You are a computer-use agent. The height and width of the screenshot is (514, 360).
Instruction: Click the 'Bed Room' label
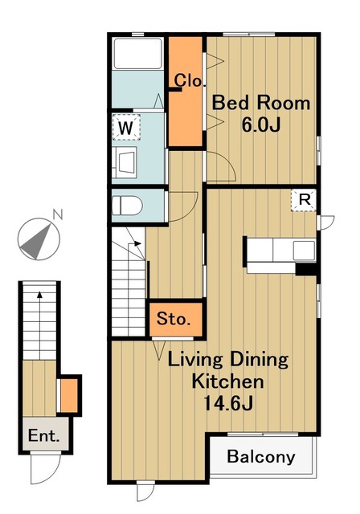[261, 103]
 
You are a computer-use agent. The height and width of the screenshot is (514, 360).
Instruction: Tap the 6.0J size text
[261, 124]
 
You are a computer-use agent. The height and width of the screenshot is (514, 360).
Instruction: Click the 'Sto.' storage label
[174, 319]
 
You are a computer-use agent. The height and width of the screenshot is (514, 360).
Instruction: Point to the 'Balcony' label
[261, 457]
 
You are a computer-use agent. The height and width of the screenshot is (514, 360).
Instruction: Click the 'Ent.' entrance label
[44, 435]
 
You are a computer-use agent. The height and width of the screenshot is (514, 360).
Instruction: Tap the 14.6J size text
[228, 403]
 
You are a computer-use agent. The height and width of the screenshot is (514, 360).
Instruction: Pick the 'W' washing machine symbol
[126, 127]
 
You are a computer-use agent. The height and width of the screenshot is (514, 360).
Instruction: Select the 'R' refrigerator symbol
[305, 200]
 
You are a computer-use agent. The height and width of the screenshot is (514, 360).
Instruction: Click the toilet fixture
[127, 206]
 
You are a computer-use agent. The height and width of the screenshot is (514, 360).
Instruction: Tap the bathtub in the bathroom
[138, 54]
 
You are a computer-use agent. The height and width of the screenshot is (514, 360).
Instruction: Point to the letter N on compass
[58, 214]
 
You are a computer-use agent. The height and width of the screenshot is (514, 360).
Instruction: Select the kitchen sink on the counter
[304, 251]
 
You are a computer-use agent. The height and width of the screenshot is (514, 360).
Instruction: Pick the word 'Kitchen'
[227, 381]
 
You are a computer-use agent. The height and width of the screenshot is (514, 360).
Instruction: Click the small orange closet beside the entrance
[69, 395]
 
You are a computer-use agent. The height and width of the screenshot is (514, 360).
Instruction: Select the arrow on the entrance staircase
[39, 325]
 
